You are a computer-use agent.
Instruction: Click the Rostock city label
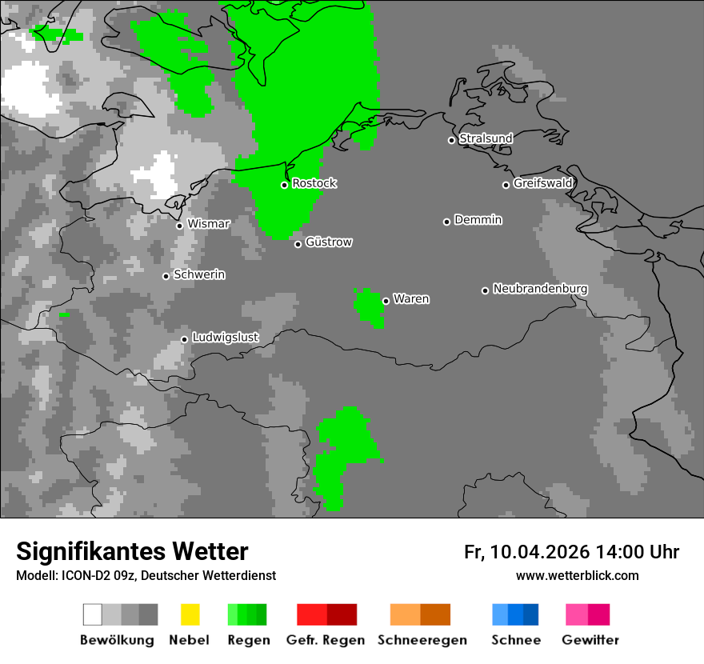click(314, 183)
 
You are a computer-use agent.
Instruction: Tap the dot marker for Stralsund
click(451, 140)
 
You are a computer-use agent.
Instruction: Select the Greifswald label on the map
click(543, 183)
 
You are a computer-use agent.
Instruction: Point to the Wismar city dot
click(179, 226)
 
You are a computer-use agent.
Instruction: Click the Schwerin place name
click(199, 274)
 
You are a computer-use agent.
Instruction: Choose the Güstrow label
click(329, 242)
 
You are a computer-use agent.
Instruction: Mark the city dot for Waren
click(386, 301)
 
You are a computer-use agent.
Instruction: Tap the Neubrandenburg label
click(540, 289)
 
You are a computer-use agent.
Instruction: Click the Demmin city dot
click(446, 222)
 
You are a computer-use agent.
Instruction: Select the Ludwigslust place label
click(226, 338)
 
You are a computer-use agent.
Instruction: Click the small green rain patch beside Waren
click(369, 306)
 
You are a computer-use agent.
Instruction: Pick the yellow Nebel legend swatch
click(190, 614)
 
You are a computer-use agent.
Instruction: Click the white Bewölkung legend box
click(93, 614)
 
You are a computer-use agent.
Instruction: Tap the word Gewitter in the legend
click(590, 640)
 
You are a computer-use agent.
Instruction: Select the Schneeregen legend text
click(422, 640)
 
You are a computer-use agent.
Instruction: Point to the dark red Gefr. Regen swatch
click(342, 614)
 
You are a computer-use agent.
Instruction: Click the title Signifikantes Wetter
click(132, 551)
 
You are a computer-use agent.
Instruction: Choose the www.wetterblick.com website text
click(577, 575)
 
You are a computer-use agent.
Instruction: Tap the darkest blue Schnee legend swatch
click(530, 614)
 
